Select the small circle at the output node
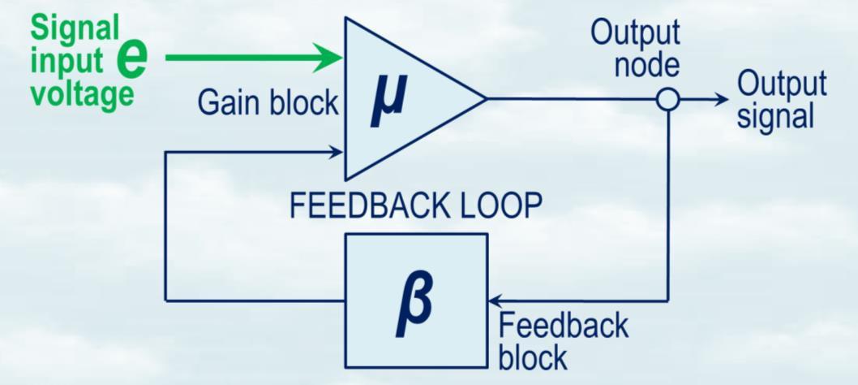667,99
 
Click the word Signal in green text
75,29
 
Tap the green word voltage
82,93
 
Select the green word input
67,62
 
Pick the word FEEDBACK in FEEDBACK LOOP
365,206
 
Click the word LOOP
494,206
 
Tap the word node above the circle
646,64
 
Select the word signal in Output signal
774,115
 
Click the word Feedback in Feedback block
564,325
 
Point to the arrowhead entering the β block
495,301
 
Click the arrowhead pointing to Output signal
721,99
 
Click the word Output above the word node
635,33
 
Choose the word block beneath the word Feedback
533,357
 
